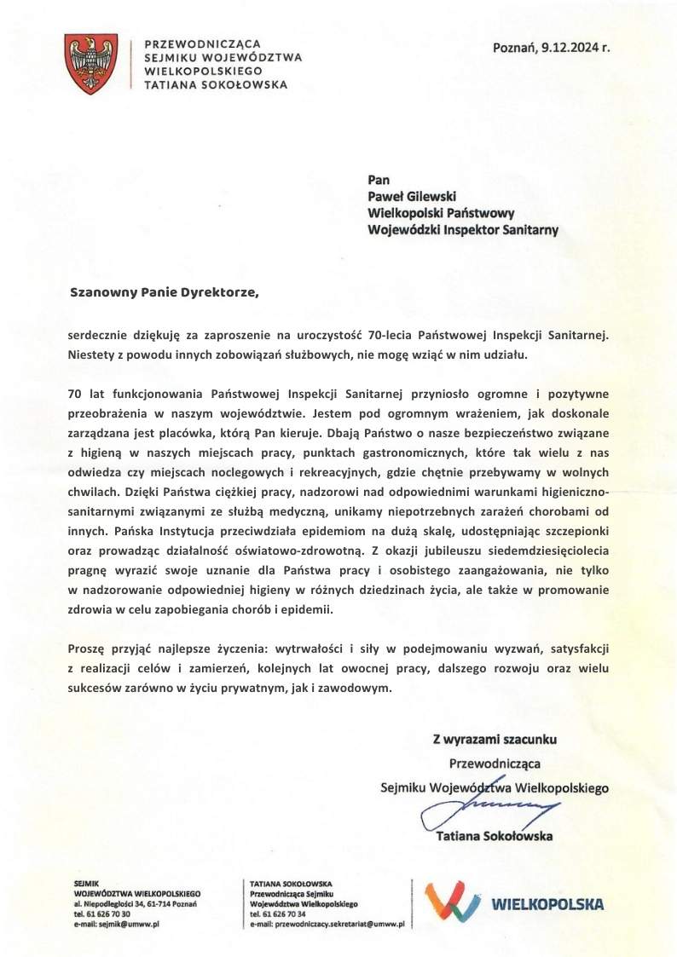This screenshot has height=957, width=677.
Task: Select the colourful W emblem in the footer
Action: pyautogui.click(x=453, y=902)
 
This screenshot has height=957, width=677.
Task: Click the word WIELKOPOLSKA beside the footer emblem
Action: pyautogui.click(x=547, y=904)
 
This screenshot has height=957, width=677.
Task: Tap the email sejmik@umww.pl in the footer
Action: pyautogui.click(x=124, y=923)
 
